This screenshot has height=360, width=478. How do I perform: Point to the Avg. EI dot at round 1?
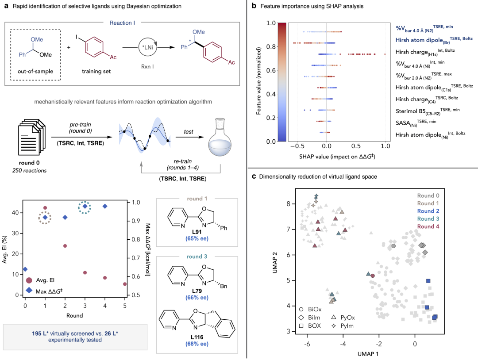tap(45, 208)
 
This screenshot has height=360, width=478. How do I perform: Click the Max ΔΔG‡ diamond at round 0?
tap(25, 269)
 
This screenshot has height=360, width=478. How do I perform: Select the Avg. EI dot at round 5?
tap(125, 284)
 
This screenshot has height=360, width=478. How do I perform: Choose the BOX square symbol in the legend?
tap(301, 326)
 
